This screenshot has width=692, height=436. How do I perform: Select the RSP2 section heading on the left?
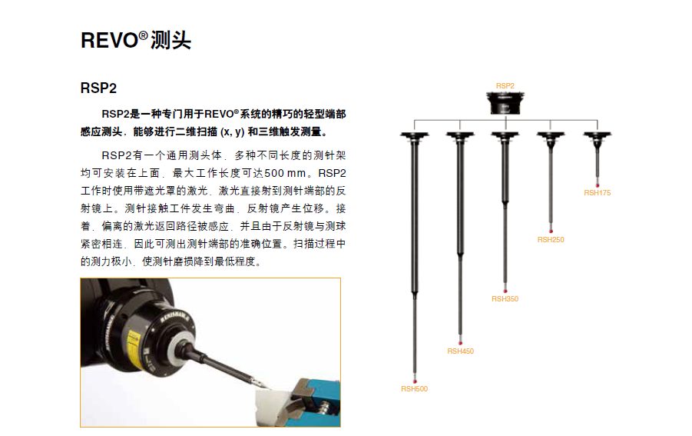tap(98, 88)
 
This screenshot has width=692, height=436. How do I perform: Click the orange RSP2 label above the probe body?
tap(505, 85)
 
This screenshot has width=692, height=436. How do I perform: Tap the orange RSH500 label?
tap(414, 389)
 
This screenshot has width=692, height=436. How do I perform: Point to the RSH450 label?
tap(460, 351)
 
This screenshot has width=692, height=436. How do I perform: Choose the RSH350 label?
tap(505, 299)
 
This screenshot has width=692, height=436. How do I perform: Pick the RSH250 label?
tap(551, 240)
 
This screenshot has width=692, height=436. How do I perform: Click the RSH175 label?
tap(597, 193)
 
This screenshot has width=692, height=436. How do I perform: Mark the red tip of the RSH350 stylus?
tap(505, 290)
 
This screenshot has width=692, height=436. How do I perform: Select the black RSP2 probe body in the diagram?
tap(505, 103)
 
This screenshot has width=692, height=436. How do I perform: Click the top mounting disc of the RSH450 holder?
tap(460, 136)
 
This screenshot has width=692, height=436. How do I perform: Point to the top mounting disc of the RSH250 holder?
tap(551, 136)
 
